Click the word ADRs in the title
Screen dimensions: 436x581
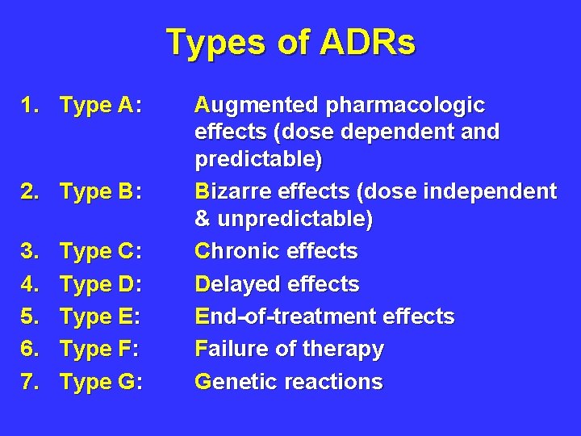[367, 43]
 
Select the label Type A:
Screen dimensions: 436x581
[102, 105]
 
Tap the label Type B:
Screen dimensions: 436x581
[102, 192]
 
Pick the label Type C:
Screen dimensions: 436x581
[102, 252]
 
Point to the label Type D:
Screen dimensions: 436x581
[102, 284]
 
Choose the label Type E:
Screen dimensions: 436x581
[102, 317]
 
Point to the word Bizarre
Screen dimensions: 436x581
[233, 191]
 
